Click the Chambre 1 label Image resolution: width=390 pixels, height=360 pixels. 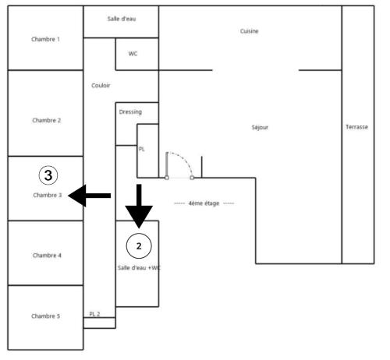45,39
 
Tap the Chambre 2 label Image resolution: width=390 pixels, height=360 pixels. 47,120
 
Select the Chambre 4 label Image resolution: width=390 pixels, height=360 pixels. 47,256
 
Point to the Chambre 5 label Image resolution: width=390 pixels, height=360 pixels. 45,316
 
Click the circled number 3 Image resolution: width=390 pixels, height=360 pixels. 48,175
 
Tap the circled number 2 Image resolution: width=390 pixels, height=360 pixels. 139,245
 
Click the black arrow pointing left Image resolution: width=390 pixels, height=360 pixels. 90,196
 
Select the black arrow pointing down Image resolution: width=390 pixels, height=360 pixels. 139,206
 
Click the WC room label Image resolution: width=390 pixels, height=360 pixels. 133,54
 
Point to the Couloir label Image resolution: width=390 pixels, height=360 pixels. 101,86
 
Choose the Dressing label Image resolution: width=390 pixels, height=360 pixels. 130,112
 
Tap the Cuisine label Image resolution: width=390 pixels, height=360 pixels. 249,31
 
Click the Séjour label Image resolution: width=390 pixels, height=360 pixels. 260,127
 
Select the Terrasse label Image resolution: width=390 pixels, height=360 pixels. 356,127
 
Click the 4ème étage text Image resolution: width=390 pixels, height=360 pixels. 204,203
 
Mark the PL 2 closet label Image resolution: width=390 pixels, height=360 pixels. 94,314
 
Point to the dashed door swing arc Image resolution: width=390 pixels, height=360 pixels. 184,159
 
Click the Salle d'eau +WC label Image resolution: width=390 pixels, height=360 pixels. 139,268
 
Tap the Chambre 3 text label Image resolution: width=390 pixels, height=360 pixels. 48,195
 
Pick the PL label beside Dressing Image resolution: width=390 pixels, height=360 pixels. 141,149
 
